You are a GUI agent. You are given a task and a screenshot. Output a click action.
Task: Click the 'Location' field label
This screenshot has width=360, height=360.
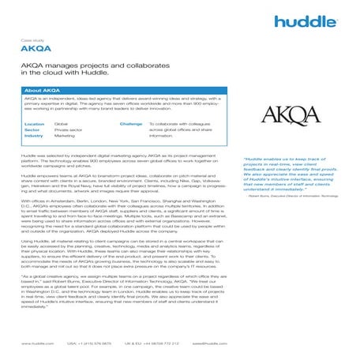[34, 124]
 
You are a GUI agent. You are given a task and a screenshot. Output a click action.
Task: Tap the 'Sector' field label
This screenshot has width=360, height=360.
[32, 130]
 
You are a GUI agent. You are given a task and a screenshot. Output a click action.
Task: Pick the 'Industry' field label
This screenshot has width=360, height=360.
[34, 136]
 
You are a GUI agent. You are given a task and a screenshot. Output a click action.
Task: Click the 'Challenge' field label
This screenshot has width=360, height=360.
[131, 124]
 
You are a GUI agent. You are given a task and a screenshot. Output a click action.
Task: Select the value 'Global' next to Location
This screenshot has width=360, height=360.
[61, 124]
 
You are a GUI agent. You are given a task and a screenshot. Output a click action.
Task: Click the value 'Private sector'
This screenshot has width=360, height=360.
[68, 130]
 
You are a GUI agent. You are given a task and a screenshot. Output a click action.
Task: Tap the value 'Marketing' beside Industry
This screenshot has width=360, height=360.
[65, 136]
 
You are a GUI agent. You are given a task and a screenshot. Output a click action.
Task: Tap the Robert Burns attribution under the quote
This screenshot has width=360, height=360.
[291, 196]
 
